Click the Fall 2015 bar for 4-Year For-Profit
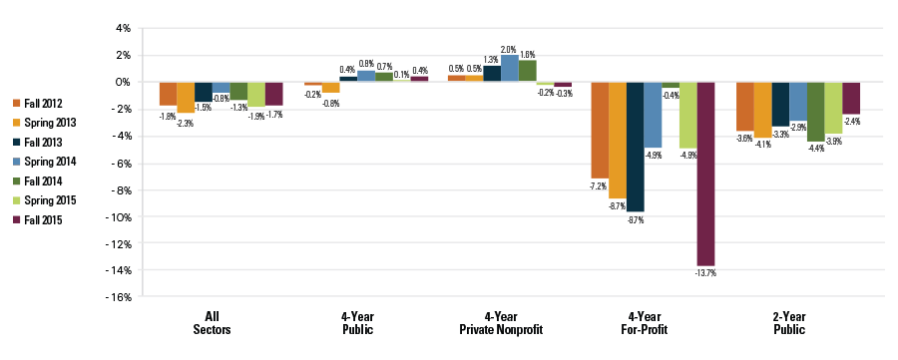click(706, 174)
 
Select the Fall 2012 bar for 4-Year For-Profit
click(600, 130)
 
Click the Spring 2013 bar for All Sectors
click(186, 97)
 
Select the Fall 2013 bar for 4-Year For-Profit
click(636, 147)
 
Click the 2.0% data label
click(510, 49)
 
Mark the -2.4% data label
click(851, 121)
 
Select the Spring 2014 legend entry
click(46, 161)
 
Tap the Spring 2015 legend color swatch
click(16, 200)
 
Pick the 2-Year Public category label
click(797, 322)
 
